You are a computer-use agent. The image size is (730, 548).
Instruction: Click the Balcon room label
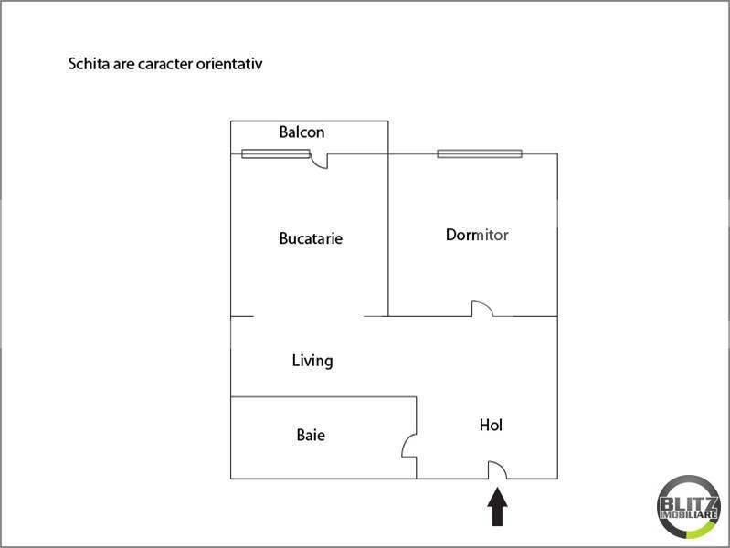point(302,132)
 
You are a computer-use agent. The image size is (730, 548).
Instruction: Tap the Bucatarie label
point(311,238)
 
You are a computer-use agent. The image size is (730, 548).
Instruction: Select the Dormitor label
point(477,235)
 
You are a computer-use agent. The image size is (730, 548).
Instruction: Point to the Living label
point(312,361)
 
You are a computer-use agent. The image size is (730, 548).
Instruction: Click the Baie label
point(311,436)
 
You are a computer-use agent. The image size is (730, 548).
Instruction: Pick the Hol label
point(492,425)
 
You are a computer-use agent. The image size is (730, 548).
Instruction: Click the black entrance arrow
point(497,508)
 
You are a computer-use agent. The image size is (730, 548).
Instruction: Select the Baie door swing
point(409,446)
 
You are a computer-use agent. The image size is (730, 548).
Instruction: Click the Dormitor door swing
point(481,309)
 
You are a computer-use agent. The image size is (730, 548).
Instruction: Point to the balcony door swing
point(320,162)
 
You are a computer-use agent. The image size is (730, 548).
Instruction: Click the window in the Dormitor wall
point(480,153)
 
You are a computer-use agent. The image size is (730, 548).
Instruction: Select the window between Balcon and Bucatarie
point(275,153)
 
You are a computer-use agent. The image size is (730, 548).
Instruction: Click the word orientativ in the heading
point(229,65)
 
